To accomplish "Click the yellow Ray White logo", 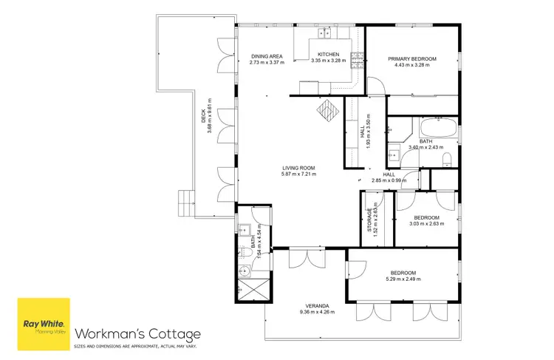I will (x=44, y=323).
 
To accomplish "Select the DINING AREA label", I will (x=267, y=55).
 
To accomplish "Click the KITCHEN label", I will (x=329, y=55).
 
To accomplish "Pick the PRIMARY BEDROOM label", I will (x=412, y=58).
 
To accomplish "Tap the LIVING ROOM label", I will (x=298, y=168).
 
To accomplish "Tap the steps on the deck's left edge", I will (x=185, y=201).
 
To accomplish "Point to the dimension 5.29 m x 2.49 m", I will (x=403, y=279).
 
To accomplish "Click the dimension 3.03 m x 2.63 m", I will (x=426, y=224).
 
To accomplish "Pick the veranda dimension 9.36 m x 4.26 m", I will (x=318, y=312).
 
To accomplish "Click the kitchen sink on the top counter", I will (x=324, y=33).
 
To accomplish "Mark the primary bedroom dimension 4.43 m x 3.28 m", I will (x=412, y=65).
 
